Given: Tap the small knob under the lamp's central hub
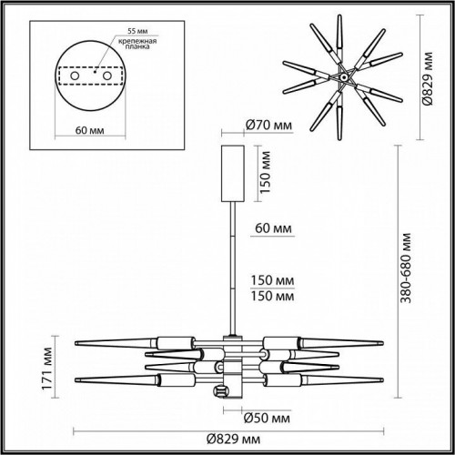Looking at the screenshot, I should click(218, 392).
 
